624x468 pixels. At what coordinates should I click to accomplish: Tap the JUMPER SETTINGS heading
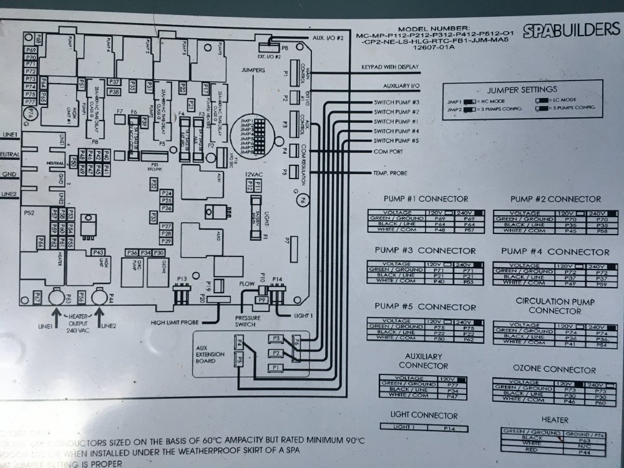[x=522, y=89]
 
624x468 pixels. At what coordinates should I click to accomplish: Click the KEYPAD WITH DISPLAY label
[x=389, y=67]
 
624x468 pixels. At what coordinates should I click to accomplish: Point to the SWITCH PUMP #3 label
[x=396, y=102]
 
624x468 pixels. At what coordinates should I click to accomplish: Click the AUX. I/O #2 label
[x=327, y=38]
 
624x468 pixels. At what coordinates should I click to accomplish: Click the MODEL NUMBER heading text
[x=435, y=28]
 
